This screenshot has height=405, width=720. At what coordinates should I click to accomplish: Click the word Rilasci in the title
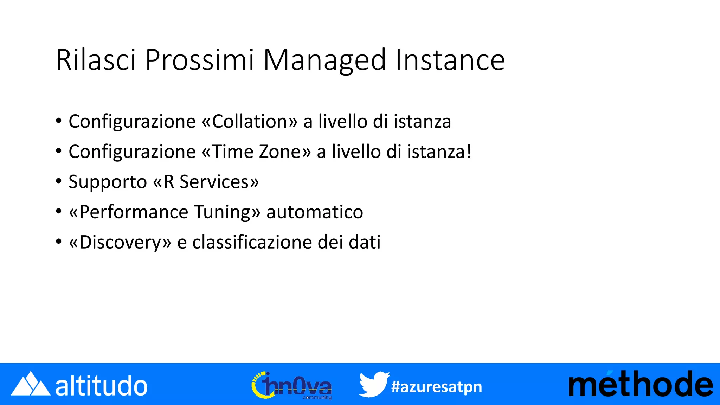click(96, 60)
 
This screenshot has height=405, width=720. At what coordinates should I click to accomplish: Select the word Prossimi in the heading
click(199, 60)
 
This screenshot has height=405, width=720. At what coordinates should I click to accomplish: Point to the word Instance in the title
click(450, 60)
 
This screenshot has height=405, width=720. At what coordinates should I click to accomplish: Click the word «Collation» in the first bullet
click(250, 121)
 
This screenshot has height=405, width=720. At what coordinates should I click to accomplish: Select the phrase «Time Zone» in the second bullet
click(257, 152)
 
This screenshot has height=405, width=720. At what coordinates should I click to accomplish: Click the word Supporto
click(108, 182)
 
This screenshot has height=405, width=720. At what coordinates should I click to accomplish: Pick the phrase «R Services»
click(206, 182)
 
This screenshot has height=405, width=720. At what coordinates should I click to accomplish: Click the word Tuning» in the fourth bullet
click(227, 212)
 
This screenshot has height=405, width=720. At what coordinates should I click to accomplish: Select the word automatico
click(315, 212)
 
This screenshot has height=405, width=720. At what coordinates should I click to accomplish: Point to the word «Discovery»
click(120, 243)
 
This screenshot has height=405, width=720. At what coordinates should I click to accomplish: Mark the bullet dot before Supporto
click(59, 182)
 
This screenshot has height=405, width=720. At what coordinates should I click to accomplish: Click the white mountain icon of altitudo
click(30, 384)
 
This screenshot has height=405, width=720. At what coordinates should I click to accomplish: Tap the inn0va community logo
click(291, 385)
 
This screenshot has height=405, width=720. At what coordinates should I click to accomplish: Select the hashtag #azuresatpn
click(437, 387)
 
